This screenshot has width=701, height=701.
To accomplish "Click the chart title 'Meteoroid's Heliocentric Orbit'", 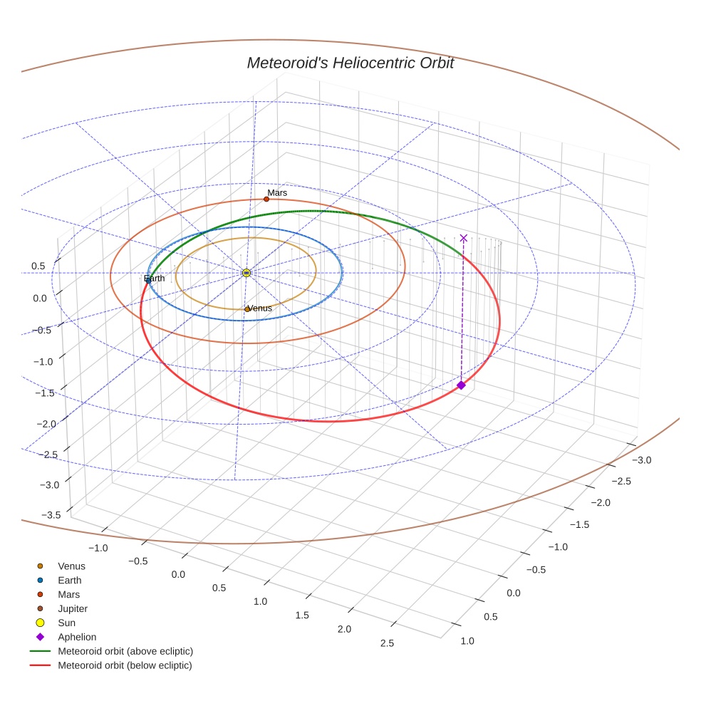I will [350, 63].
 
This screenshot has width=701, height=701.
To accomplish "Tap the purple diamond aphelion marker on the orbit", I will [461, 385].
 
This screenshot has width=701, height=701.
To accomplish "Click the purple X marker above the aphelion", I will [464, 238].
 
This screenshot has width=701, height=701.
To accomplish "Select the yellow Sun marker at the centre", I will [246, 273].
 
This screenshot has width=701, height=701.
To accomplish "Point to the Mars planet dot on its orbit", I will [266, 199].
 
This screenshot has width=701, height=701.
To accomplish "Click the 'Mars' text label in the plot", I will [277, 192].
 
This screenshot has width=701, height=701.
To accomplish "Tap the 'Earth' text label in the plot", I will [155, 279].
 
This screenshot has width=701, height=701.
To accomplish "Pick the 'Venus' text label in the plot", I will [259, 308].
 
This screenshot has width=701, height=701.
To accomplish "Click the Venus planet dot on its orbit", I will [247, 309].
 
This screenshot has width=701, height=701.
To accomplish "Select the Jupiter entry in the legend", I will [72, 608].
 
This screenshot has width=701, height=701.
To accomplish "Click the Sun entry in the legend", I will [67, 623].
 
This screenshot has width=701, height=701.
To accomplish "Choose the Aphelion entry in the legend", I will [77, 637].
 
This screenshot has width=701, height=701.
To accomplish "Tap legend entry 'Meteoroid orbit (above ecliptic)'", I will [125, 651].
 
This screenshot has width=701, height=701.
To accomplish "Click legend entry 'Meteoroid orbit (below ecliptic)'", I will [125, 665].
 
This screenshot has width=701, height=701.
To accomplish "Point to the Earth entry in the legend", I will [69, 580].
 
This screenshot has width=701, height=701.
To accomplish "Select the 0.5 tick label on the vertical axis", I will [38, 266].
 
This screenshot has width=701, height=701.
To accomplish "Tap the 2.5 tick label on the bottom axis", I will [388, 643].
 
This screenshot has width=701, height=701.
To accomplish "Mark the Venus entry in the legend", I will [71, 566].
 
